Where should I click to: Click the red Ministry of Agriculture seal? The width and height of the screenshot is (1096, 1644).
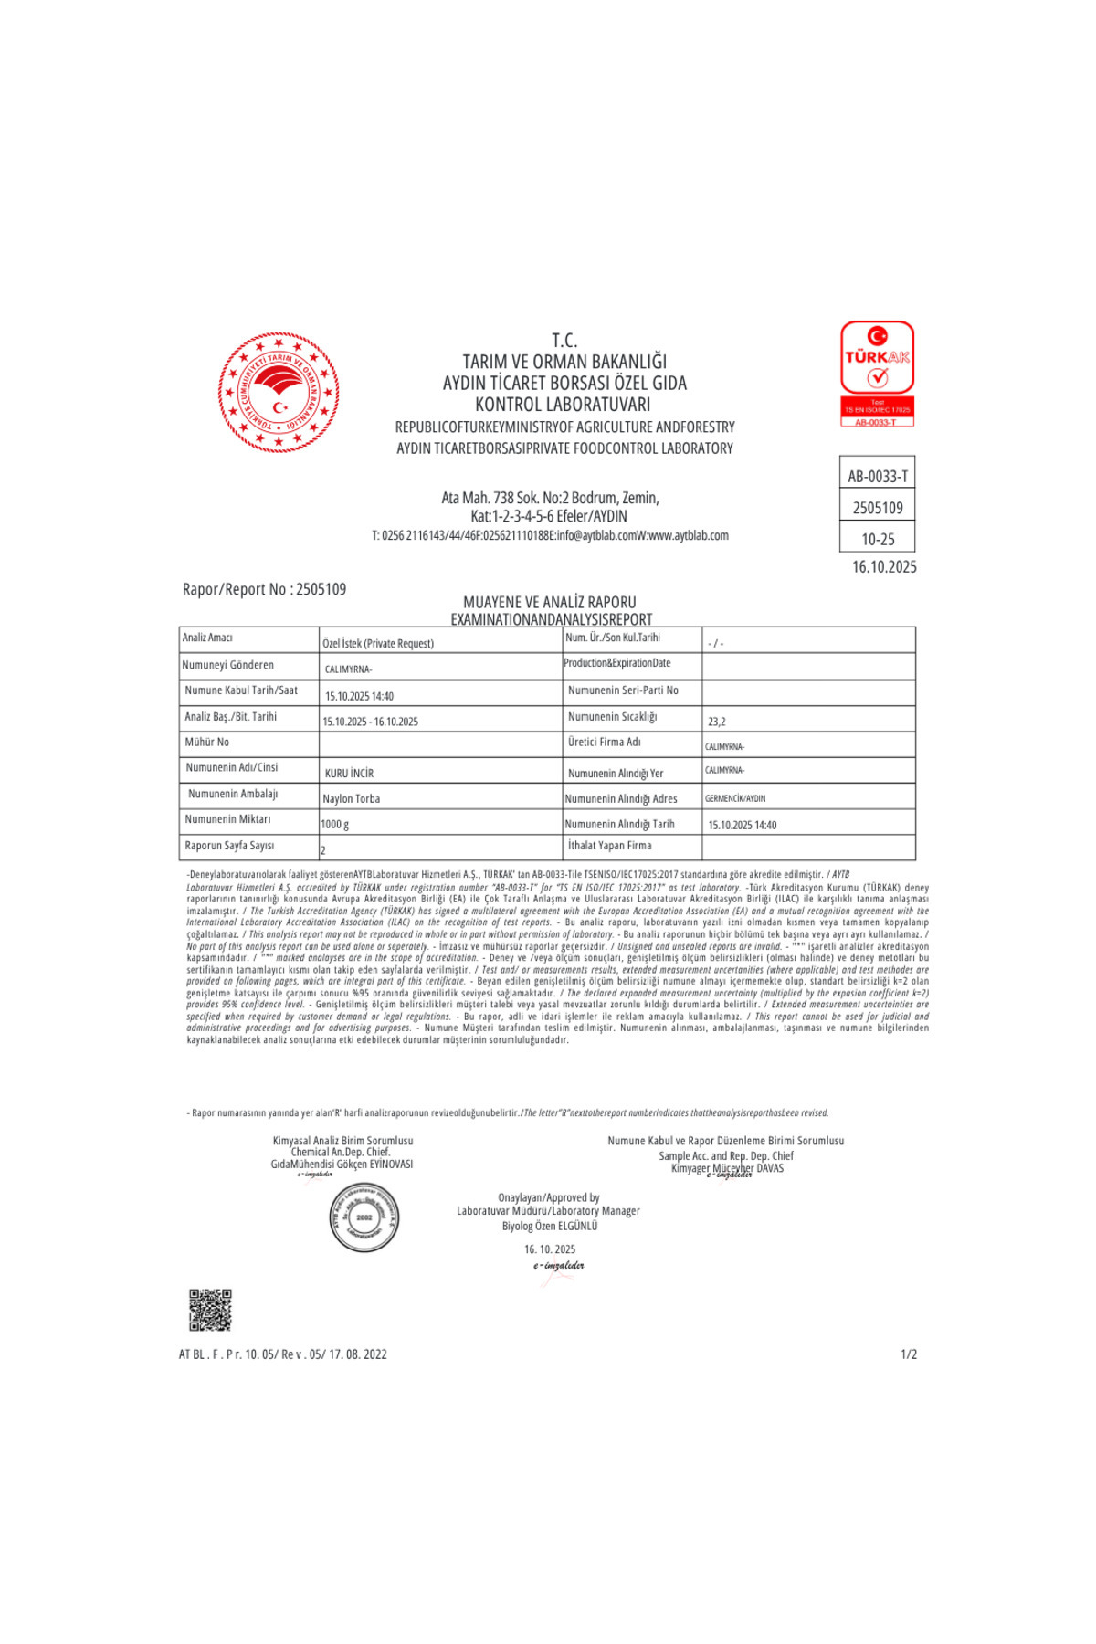click(x=279, y=393)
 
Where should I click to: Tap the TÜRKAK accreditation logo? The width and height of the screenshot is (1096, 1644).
click(x=877, y=373)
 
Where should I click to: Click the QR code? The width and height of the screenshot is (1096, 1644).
click(x=210, y=1310)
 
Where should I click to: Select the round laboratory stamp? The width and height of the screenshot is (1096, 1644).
click(x=364, y=1217)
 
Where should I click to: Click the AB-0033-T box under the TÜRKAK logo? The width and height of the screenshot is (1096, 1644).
click(x=877, y=476)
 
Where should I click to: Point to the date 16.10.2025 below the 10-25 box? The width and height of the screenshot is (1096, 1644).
click(x=883, y=567)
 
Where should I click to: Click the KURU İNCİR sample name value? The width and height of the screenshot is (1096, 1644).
click(x=349, y=773)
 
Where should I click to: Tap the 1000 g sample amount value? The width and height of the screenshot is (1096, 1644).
click(x=334, y=824)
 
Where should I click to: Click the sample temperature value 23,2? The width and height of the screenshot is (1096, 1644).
click(x=716, y=722)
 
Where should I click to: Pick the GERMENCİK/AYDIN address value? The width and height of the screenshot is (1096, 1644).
click(x=735, y=798)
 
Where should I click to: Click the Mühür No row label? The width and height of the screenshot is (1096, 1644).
click(x=207, y=743)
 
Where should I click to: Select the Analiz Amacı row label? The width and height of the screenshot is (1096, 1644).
click(x=207, y=638)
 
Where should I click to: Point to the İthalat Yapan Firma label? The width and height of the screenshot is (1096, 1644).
click(x=609, y=846)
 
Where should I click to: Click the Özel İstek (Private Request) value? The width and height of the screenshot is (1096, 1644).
click(x=378, y=643)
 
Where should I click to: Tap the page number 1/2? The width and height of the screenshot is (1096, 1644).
click(x=908, y=1354)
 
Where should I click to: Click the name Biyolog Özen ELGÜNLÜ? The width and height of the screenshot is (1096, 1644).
click(x=550, y=1226)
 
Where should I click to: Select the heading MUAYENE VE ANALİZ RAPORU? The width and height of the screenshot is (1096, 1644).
click(x=550, y=602)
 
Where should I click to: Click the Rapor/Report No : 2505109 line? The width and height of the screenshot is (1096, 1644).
click(x=264, y=589)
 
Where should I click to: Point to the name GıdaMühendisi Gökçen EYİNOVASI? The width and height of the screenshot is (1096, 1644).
click(x=342, y=1164)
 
